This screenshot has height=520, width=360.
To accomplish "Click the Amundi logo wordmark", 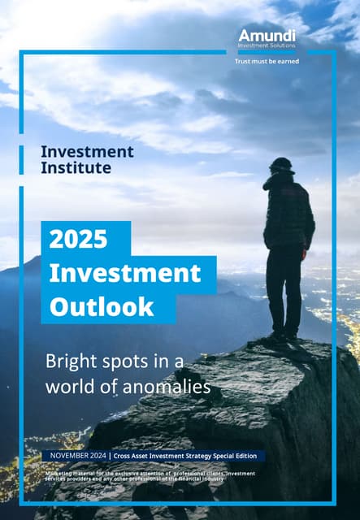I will click(267, 35).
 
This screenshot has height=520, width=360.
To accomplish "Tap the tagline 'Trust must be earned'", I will click(267, 61).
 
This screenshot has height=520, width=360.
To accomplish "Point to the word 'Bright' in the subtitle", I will click(68, 360).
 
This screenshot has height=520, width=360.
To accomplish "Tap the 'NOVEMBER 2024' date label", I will click(78, 456).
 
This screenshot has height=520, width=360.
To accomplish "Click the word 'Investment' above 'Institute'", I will click(87, 152).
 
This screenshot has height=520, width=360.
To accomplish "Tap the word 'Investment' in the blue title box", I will click(124, 273).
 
